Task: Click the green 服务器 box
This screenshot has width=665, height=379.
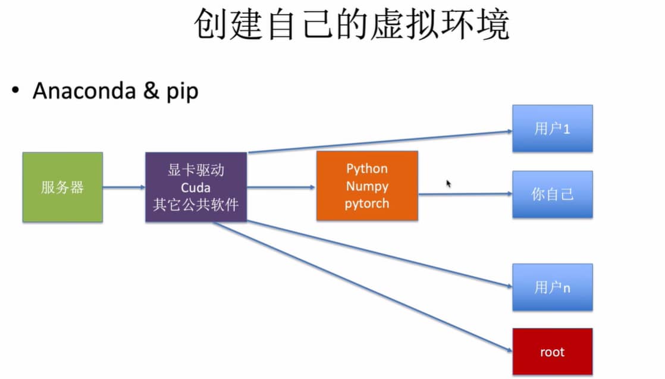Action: (62, 187)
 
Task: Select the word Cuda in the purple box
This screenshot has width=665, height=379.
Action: (196, 187)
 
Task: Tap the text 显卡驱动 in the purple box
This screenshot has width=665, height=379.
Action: (196, 170)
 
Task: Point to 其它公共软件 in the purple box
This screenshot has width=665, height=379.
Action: (196, 205)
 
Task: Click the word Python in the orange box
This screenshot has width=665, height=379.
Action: (367, 168)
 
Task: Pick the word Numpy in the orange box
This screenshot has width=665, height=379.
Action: (367, 186)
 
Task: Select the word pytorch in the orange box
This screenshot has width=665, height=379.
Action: (367, 203)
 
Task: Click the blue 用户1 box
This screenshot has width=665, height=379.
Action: (553, 129)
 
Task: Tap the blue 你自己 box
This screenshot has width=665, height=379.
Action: (553, 194)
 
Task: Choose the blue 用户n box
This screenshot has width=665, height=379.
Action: (553, 287)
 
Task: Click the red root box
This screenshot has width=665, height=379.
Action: (553, 352)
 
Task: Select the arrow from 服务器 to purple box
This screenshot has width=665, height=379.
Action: (124, 187)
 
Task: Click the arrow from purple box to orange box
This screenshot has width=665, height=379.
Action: (281, 187)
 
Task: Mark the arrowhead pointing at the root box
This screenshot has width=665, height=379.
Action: (508, 349)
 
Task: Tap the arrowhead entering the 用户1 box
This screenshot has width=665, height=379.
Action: (509, 130)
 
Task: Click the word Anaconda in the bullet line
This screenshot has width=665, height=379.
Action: (84, 91)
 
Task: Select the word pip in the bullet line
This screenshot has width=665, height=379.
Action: (182, 92)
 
